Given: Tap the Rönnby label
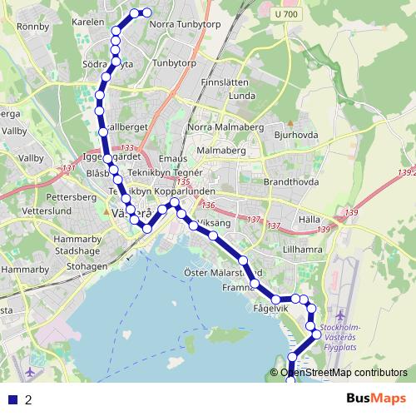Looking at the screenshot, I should [32, 25].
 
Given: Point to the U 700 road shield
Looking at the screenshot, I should [286, 14].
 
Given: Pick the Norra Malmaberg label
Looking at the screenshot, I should [224, 126].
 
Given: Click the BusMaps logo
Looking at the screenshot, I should [375, 399].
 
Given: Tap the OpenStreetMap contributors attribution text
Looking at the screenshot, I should [344, 373].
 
